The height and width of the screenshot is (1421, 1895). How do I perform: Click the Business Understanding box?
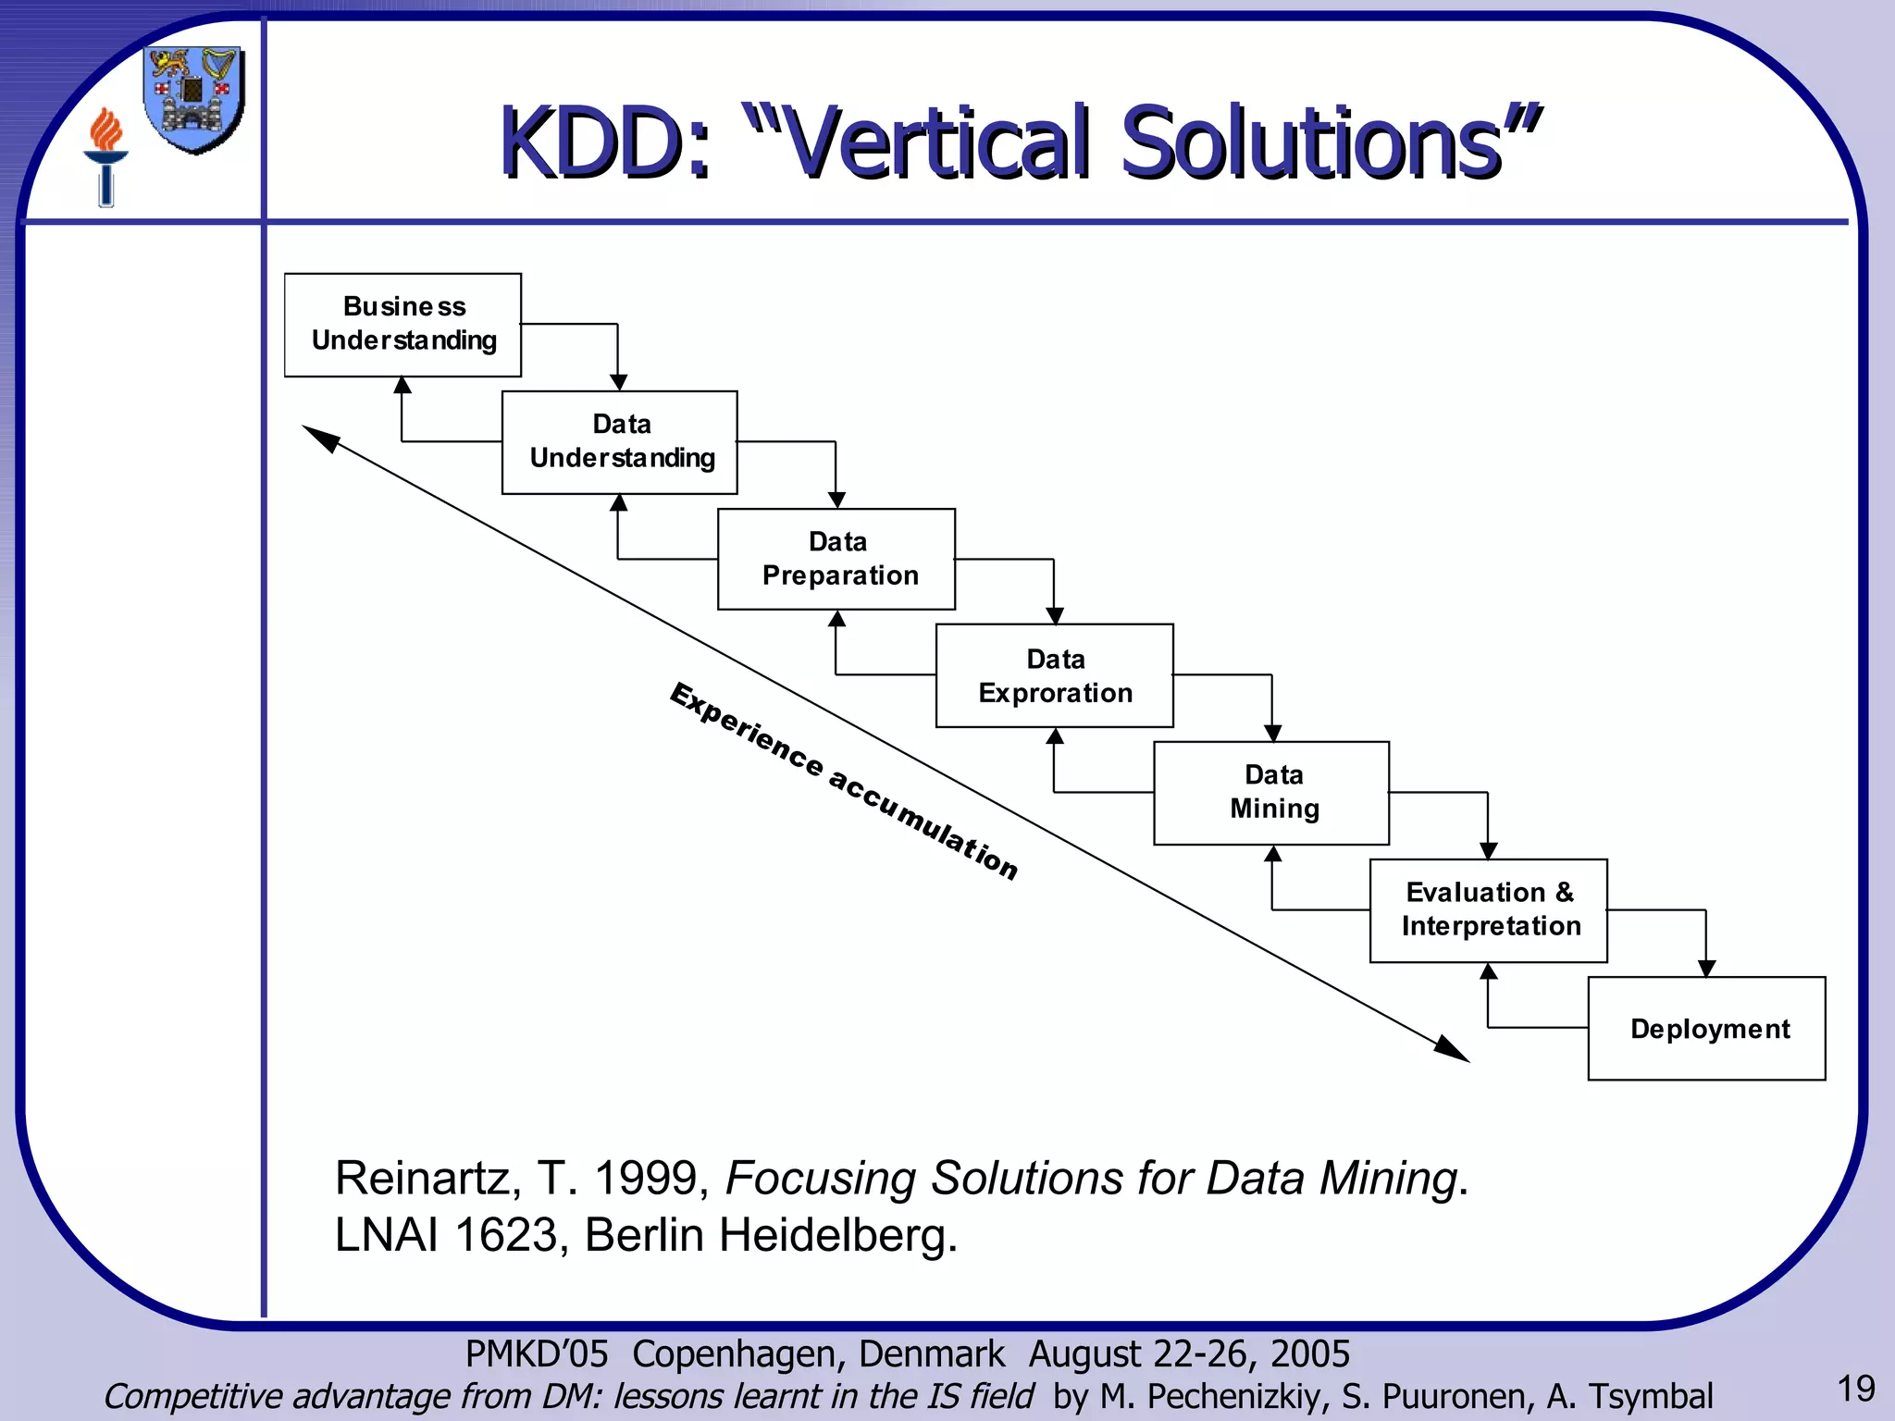pos(403,325)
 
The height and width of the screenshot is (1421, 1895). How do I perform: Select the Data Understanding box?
pos(619,442)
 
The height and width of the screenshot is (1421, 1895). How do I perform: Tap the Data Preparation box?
pos(836,559)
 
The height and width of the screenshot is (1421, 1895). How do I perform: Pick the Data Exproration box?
pos(1054,675)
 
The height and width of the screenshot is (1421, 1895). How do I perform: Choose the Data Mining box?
pos(1271,793)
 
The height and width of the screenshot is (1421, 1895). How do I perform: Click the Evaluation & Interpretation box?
pos(1488,910)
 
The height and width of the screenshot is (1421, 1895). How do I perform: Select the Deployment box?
pos(1706,1028)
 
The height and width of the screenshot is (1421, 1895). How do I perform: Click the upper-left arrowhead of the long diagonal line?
pos(320,438)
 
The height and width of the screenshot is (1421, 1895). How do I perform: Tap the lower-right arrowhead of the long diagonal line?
pos(1453,1050)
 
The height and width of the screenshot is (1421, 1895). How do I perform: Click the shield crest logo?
pos(194,99)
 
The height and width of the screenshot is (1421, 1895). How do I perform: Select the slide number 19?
pos(1854,1389)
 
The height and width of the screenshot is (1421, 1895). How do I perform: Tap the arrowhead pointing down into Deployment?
pos(1706,968)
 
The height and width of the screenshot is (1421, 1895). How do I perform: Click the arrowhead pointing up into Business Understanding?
pos(403,386)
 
